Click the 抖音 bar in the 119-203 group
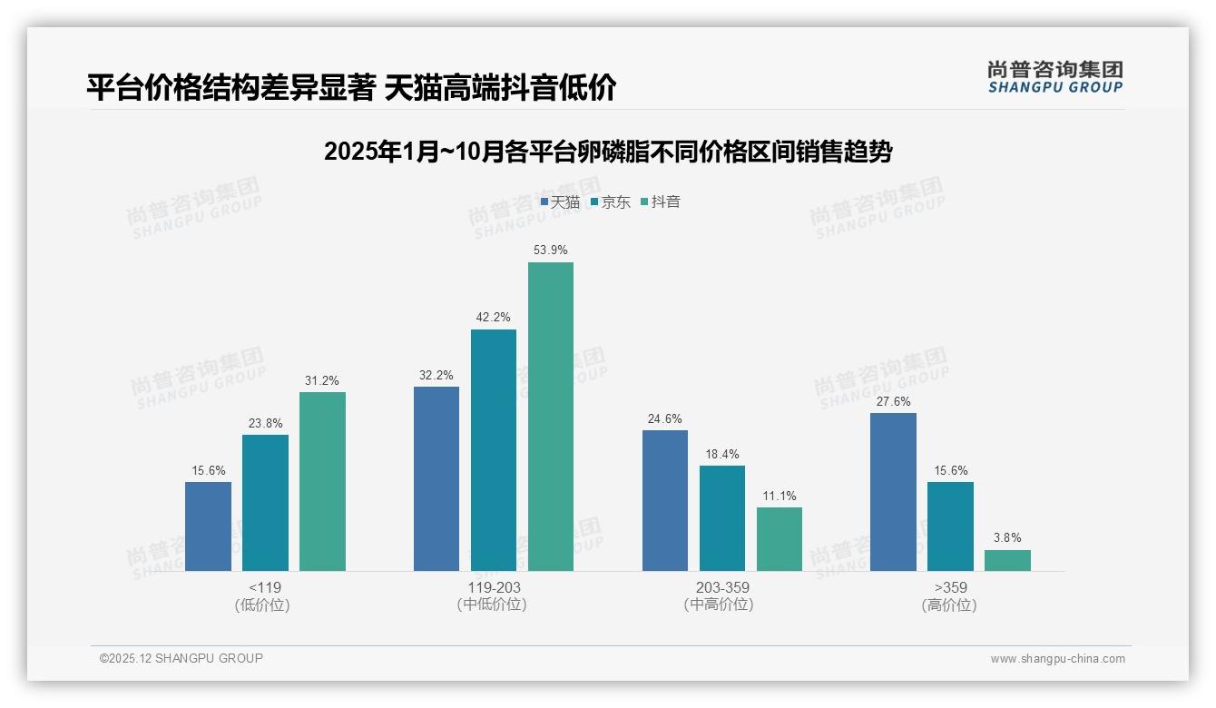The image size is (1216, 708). click(551, 417)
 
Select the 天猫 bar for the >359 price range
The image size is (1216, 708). click(893, 492)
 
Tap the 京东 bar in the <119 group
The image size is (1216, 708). click(265, 503)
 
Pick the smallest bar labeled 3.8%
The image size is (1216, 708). click(1007, 560)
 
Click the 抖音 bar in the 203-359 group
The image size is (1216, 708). click(780, 539)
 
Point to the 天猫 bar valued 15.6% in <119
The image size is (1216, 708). click(208, 526)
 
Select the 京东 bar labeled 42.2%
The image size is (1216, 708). click(494, 450)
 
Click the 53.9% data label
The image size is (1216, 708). click(551, 250)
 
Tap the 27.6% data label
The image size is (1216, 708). click(893, 401)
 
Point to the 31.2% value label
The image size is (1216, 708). click(322, 380)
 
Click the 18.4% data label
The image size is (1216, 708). click(722, 454)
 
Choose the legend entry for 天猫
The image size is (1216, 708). click(560, 202)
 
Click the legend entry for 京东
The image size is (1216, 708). click(611, 202)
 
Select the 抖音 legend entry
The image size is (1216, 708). click(661, 202)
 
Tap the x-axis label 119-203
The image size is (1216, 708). click(494, 587)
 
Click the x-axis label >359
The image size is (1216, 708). click(949, 587)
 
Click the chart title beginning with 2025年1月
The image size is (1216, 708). click(608, 152)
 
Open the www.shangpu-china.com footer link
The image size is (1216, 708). click(1057, 659)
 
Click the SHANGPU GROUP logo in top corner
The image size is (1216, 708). click(1054, 77)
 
